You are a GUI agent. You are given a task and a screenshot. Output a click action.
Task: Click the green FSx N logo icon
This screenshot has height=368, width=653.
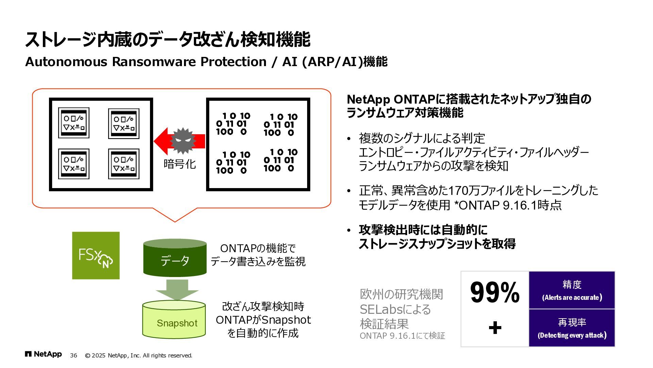(96, 256)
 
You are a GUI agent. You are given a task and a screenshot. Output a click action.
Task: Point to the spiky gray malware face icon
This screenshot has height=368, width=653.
(183, 141)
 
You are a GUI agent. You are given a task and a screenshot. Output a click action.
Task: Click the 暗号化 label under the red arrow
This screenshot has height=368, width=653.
(180, 164)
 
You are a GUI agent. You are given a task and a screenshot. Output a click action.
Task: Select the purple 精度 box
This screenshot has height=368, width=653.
(572, 290)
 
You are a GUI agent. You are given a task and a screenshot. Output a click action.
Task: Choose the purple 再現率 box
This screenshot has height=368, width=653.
(572, 328)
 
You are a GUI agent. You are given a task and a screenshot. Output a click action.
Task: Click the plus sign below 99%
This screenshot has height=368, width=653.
(495, 328)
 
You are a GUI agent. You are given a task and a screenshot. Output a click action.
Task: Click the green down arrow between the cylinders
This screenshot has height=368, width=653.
(177, 290)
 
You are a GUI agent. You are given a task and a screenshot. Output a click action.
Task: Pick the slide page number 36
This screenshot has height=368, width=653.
(73, 355)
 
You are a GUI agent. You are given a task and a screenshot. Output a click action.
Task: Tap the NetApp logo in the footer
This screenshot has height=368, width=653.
(43, 354)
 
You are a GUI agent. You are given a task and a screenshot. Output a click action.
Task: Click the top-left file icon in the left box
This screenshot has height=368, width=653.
(74, 123)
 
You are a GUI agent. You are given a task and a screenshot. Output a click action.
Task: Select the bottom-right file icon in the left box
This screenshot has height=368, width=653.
(124, 164)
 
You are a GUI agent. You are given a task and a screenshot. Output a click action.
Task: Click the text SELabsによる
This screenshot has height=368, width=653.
(395, 309)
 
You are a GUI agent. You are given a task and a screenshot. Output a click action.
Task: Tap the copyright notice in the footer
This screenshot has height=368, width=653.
(138, 355)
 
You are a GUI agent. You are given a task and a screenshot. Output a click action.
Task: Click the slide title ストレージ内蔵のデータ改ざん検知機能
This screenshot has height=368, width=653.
(167, 39)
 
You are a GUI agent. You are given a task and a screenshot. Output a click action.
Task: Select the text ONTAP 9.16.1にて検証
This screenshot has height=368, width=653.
(402, 336)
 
